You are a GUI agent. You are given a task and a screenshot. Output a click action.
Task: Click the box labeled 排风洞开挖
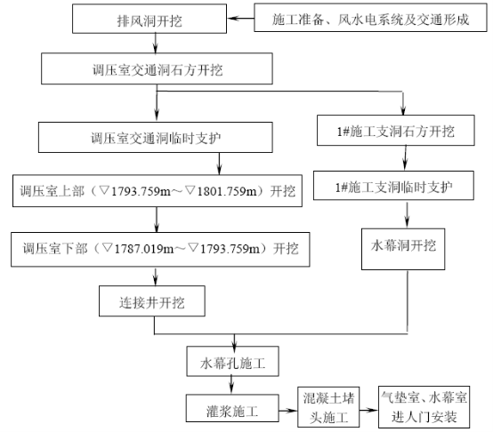(x=150, y=19)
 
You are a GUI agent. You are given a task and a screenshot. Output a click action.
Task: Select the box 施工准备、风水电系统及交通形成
(x=370, y=18)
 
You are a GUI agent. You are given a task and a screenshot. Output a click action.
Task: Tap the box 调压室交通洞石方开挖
(x=157, y=68)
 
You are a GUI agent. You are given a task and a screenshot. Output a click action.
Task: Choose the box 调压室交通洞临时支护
(x=156, y=138)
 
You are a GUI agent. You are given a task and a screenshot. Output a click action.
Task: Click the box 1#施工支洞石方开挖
(x=395, y=131)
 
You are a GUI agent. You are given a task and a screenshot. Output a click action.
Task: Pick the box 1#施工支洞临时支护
(x=393, y=186)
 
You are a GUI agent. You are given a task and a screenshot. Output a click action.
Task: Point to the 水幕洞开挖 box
(x=403, y=249)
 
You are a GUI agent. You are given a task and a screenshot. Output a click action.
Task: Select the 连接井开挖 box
(x=152, y=301)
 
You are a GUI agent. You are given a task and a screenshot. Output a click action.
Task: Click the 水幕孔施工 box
(x=232, y=362)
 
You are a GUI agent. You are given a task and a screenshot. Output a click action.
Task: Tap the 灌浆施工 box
(x=232, y=408)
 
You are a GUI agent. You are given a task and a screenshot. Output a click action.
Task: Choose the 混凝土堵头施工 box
(x=328, y=407)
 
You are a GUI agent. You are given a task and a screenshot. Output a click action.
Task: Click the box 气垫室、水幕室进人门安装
(x=424, y=407)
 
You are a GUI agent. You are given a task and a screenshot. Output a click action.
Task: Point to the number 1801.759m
(x=226, y=191)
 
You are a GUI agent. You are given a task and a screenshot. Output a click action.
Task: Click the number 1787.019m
(x=143, y=249)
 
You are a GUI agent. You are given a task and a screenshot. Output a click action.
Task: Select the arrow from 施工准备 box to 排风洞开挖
(x=240, y=18)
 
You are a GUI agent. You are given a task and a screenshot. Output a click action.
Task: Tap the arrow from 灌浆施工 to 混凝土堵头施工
(x=288, y=410)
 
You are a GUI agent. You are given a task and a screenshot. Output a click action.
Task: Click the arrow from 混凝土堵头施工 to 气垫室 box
(x=368, y=410)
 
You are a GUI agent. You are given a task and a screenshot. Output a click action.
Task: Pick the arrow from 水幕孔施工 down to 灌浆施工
(x=231, y=385)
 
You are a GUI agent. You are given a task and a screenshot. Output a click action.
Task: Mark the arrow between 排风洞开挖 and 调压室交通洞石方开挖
(x=156, y=43)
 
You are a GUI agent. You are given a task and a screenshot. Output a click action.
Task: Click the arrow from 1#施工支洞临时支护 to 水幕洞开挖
(x=408, y=214)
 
